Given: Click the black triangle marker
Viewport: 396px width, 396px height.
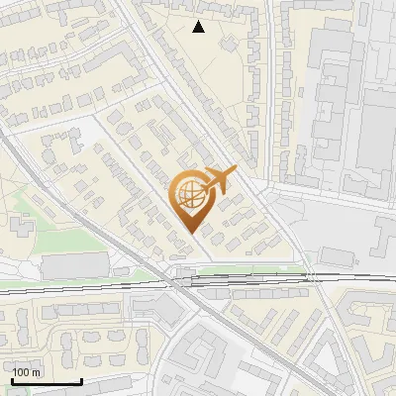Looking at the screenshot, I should [199, 27].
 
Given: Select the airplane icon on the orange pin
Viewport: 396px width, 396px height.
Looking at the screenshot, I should [218, 180].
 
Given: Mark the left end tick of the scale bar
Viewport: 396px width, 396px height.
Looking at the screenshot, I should [12, 381].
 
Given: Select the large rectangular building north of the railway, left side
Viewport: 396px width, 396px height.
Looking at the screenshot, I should [74, 265].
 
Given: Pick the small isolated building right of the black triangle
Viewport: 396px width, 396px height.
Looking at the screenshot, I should [230, 44].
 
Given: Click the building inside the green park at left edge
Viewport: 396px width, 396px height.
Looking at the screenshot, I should [21, 227].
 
